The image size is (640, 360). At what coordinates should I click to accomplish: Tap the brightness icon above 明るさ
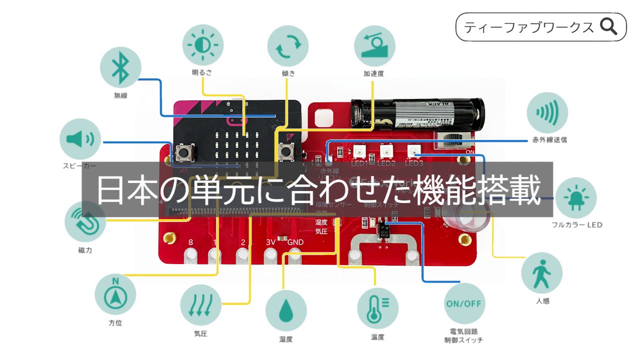click(203, 45)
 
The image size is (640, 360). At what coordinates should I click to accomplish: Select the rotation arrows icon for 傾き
click(288, 45)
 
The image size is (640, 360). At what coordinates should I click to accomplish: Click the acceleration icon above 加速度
click(374, 45)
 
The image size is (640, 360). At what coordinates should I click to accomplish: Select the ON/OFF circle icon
click(464, 303)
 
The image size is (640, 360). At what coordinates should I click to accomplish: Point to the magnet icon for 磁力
click(85, 221)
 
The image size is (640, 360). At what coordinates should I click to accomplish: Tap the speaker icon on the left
click(80, 138)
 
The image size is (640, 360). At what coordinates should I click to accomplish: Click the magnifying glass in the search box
click(608, 26)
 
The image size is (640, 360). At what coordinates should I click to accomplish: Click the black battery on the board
click(417, 113)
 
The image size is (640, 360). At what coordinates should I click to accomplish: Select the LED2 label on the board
click(386, 163)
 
